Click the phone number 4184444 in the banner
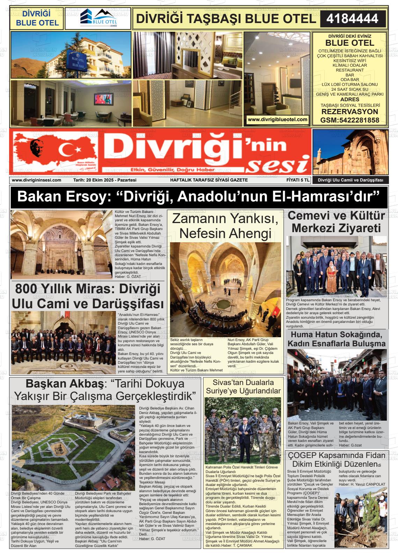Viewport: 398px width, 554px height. coord(352,19)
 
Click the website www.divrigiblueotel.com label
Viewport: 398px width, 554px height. coord(277,119)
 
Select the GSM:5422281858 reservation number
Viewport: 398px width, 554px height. coord(349,120)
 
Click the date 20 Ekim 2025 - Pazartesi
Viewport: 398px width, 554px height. coord(105,180)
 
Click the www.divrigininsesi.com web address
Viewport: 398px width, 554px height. coord(36,180)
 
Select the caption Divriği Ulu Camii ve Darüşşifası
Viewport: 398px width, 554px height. coord(350,180)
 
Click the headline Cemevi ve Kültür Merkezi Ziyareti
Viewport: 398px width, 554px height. coord(336,222)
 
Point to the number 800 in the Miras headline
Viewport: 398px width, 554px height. coord(27,289)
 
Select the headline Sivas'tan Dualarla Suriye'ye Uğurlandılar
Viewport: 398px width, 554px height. coord(243,386)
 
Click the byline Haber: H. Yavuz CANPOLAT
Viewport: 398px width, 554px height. coord(362,484)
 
